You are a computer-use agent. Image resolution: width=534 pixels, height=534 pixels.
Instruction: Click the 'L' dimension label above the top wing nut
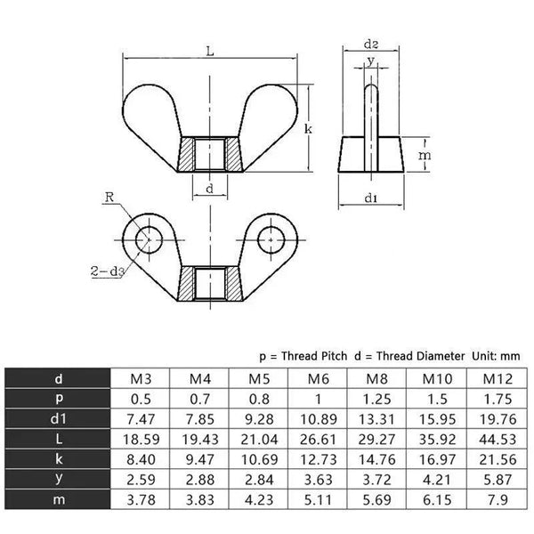click(210, 52)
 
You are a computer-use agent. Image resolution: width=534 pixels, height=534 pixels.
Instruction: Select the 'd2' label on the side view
click(373, 44)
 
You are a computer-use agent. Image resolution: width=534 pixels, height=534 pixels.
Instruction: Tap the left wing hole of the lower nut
click(148, 237)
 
